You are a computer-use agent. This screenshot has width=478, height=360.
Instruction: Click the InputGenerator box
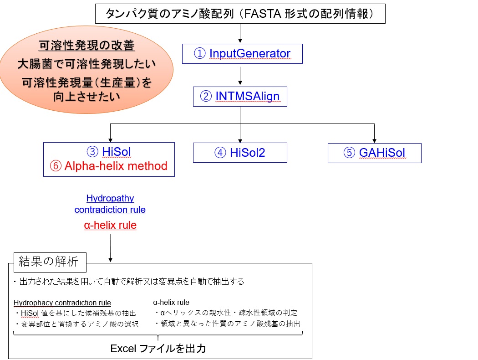242,54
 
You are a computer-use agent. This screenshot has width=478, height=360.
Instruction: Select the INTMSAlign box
240,97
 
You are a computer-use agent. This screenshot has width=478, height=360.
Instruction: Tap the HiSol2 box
240,153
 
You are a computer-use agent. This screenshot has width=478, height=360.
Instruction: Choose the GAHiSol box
375,153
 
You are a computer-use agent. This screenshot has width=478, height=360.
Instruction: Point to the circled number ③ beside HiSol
92,152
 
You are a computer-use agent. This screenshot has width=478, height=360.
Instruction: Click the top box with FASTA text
240,14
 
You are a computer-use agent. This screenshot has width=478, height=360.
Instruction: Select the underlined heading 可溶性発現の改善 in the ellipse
86,46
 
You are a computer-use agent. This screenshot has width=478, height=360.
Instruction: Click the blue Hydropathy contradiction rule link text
110,204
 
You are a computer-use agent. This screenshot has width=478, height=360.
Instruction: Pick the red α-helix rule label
110,225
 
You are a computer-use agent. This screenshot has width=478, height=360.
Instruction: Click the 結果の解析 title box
50,262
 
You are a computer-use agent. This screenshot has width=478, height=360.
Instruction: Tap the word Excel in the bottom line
123,349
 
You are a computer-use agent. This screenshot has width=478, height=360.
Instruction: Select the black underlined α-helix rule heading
171,302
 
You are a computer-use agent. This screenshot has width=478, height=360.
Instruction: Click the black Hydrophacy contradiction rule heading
62,303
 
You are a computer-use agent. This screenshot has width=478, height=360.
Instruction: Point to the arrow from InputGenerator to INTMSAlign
240,76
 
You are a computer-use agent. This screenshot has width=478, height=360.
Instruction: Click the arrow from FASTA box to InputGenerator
240,33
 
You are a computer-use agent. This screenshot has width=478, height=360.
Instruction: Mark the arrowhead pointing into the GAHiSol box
374,141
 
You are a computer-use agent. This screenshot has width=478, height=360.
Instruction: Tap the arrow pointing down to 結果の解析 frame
110,248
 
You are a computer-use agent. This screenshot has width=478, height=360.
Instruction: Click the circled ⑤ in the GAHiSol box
349,153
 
